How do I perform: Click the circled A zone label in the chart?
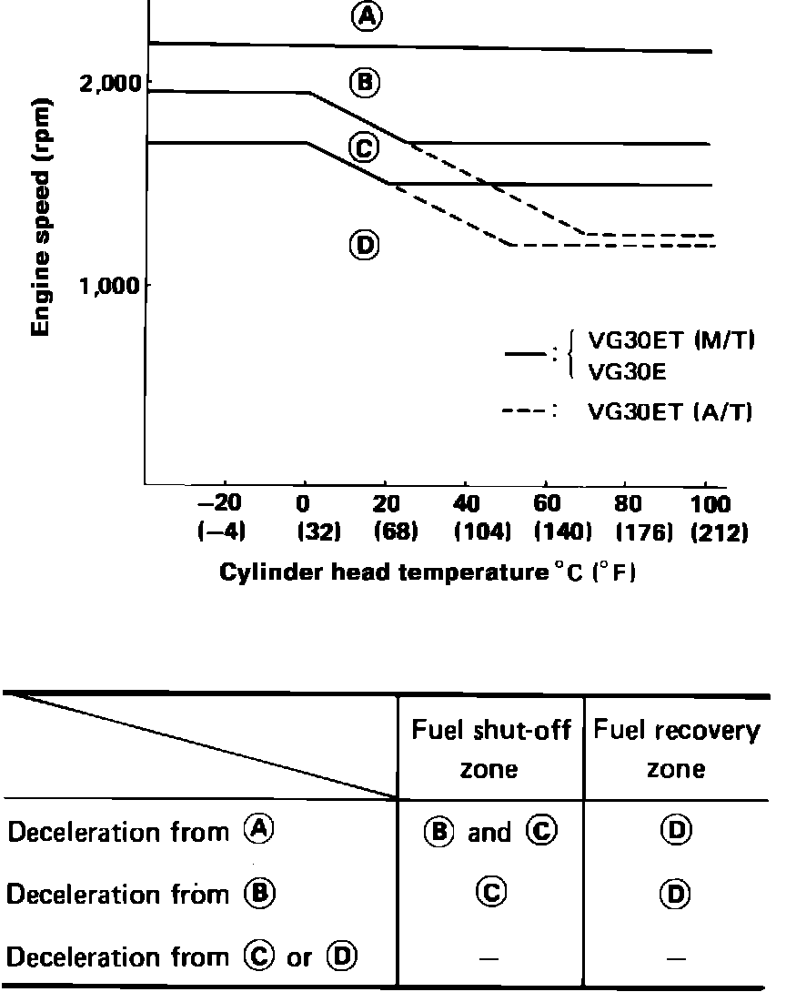point(365,17)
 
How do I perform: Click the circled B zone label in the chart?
point(364,83)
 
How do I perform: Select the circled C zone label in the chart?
point(364,147)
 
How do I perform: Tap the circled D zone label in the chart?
point(364,245)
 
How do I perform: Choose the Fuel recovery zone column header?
point(676,749)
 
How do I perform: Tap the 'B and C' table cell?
point(489,832)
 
